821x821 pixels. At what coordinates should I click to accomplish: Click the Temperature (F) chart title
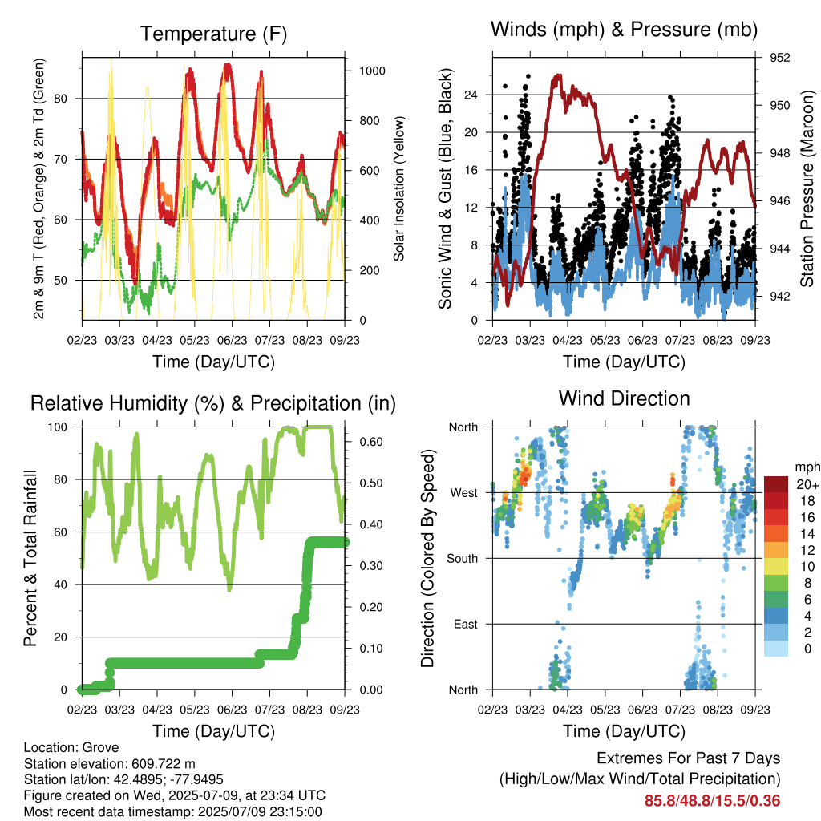213,34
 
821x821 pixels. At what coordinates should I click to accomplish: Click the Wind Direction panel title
624,398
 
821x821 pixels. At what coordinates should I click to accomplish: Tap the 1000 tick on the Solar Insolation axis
372,71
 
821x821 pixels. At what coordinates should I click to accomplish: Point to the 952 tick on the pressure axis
779,58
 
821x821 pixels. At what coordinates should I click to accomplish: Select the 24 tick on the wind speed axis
471,95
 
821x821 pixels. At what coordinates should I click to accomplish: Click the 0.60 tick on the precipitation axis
371,442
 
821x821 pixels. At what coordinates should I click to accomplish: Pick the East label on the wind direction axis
466,624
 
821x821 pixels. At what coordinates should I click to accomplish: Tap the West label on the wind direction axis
464,493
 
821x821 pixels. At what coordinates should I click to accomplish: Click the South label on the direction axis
463,559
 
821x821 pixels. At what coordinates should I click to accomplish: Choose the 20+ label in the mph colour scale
807,484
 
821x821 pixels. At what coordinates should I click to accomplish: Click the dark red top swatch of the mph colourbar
776,484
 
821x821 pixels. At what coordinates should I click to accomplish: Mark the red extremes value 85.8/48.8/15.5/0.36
712,801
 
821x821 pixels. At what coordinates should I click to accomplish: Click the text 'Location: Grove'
71,747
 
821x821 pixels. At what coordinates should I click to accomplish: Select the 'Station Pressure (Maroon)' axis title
807,188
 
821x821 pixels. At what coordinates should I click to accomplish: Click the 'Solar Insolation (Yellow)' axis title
399,188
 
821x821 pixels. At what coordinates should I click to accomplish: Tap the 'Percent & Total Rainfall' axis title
30,558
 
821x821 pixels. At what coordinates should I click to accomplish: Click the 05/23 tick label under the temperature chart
195,340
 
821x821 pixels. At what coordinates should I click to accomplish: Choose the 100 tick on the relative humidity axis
58,427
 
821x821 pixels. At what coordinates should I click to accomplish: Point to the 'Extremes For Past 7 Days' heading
689,758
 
